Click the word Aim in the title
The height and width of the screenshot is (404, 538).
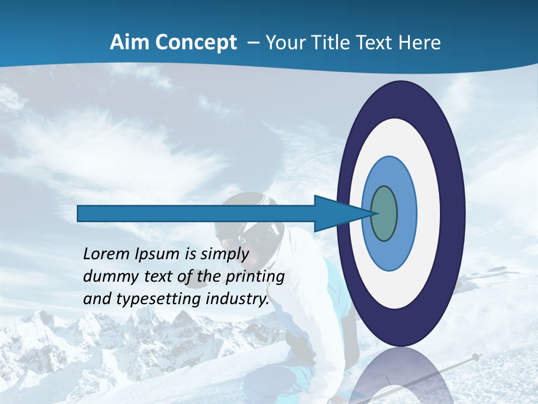pyautogui.click(x=129, y=43)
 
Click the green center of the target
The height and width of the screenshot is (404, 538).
pyautogui.click(x=384, y=214)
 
